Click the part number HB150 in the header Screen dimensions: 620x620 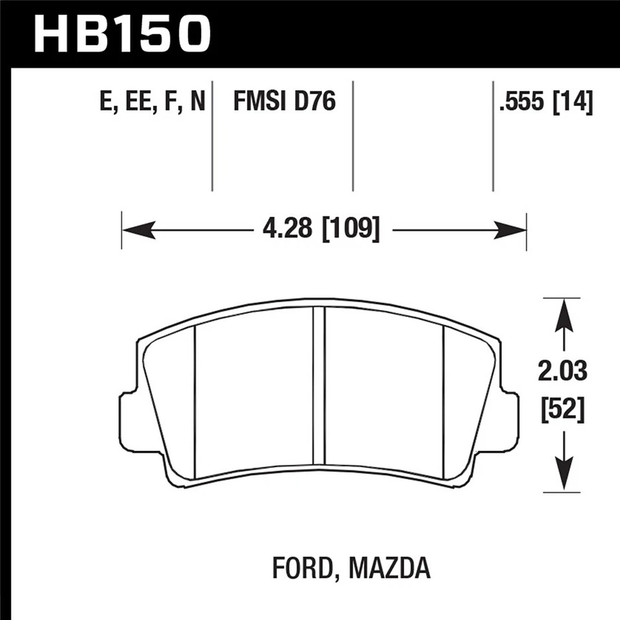(123, 33)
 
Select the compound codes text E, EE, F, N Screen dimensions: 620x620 (153, 101)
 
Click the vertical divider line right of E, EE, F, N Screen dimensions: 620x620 (212, 136)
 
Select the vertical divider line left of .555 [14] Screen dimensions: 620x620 (493, 136)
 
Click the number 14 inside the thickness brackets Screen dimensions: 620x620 (577, 101)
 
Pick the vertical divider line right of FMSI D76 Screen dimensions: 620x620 (353, 136)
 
